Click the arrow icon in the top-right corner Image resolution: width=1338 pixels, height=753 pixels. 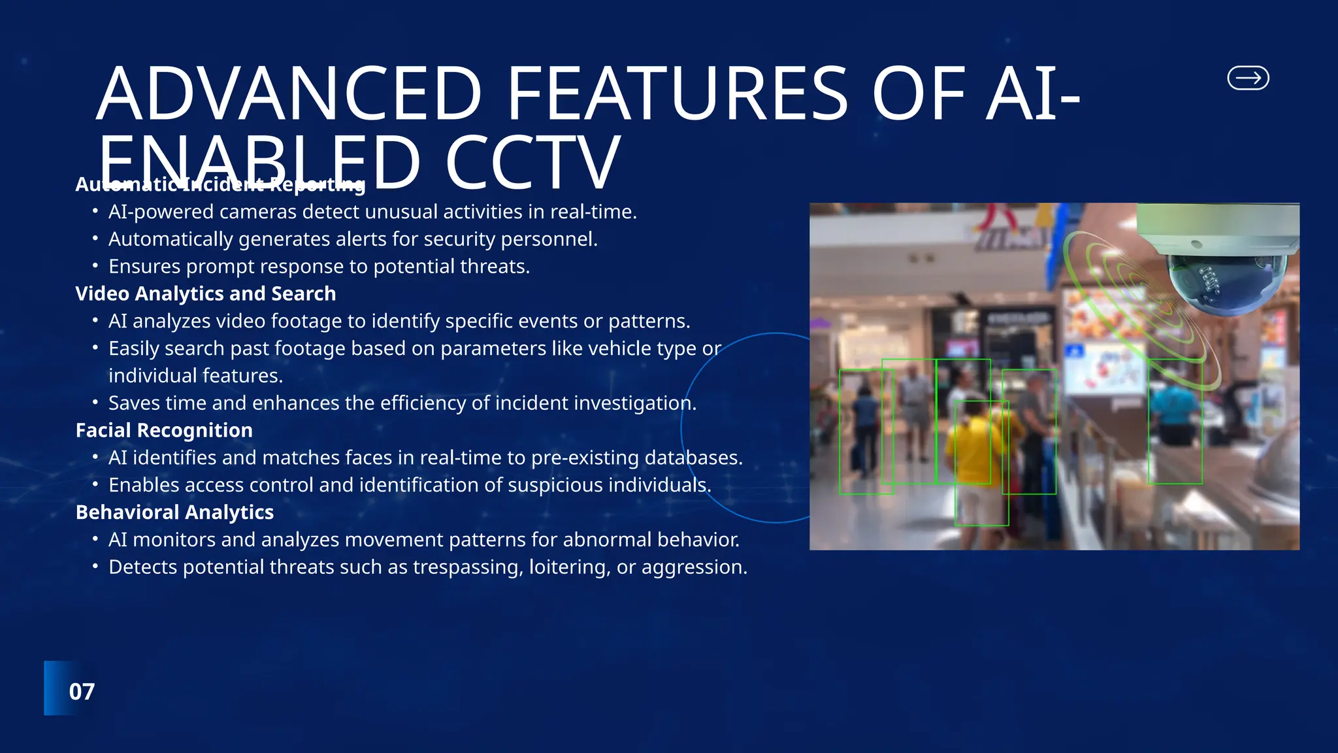pyautogui.click(x=1248, y=78)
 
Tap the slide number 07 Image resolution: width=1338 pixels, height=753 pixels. pyautogui.click(x=82, y=692)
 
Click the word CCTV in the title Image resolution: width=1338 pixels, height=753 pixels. pyautogui.click(x=532, y=162)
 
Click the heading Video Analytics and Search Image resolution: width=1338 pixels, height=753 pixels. pyautogui.click(x=205, y=293)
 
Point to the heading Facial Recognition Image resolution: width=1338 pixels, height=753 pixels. pyautogui.click(x=164, y=430)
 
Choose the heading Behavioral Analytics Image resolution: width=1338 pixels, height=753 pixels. pyautogui.click(x=174, y=512)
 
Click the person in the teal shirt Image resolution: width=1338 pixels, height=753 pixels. pyautogui.click(x=1174, y=412)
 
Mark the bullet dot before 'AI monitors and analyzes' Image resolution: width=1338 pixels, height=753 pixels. pyautogui.click(x=95, y=539)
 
